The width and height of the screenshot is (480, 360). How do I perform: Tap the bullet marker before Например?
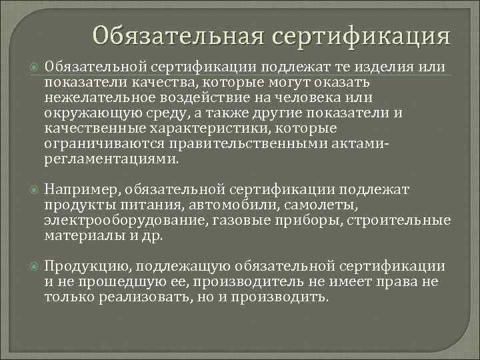point(34,190)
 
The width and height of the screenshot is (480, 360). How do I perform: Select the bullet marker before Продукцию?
point(34,267)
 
